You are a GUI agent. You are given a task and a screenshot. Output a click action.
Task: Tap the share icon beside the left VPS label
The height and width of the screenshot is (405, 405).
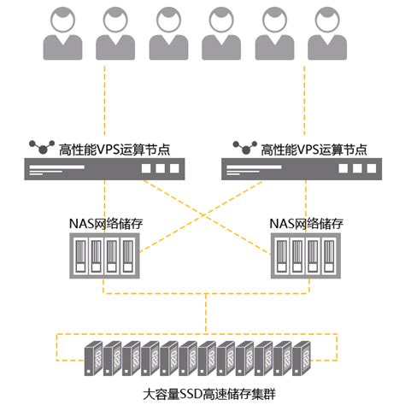pos(38,148)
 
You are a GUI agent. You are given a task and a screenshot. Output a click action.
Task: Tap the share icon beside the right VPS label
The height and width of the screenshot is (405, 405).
pos(235,148)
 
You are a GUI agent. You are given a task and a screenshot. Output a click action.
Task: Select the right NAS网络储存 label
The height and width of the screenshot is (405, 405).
pos(306,223)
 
